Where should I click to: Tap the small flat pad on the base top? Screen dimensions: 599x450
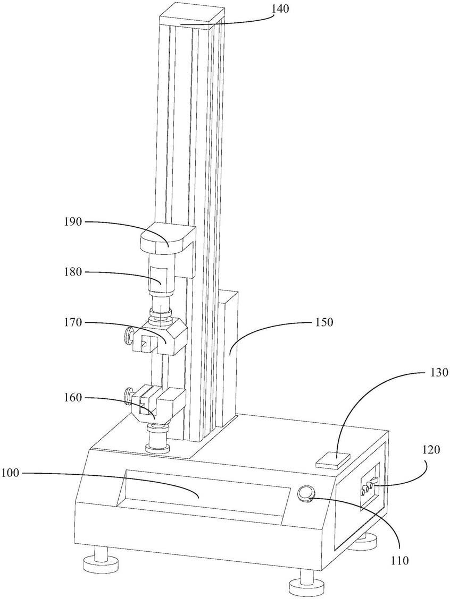point(333,459)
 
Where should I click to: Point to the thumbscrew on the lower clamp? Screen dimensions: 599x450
point(129,396)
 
